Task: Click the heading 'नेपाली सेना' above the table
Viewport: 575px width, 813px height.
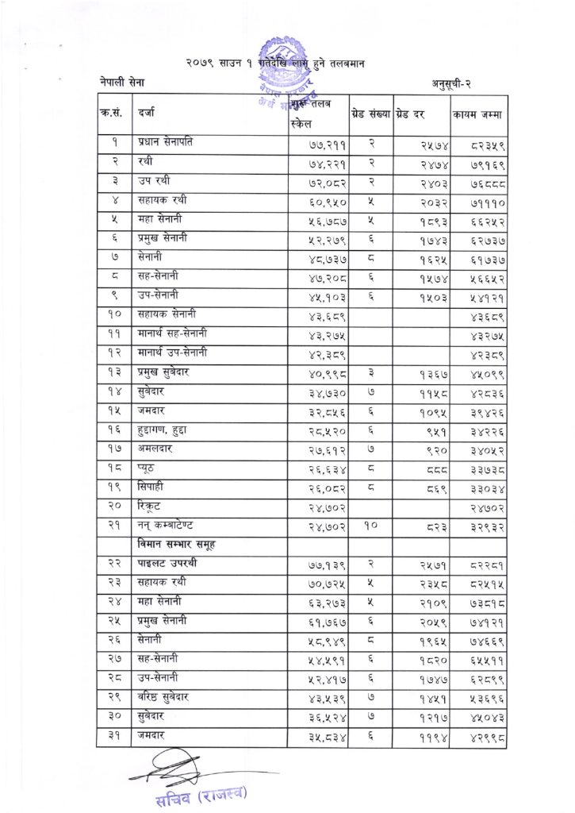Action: coord(123,83)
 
